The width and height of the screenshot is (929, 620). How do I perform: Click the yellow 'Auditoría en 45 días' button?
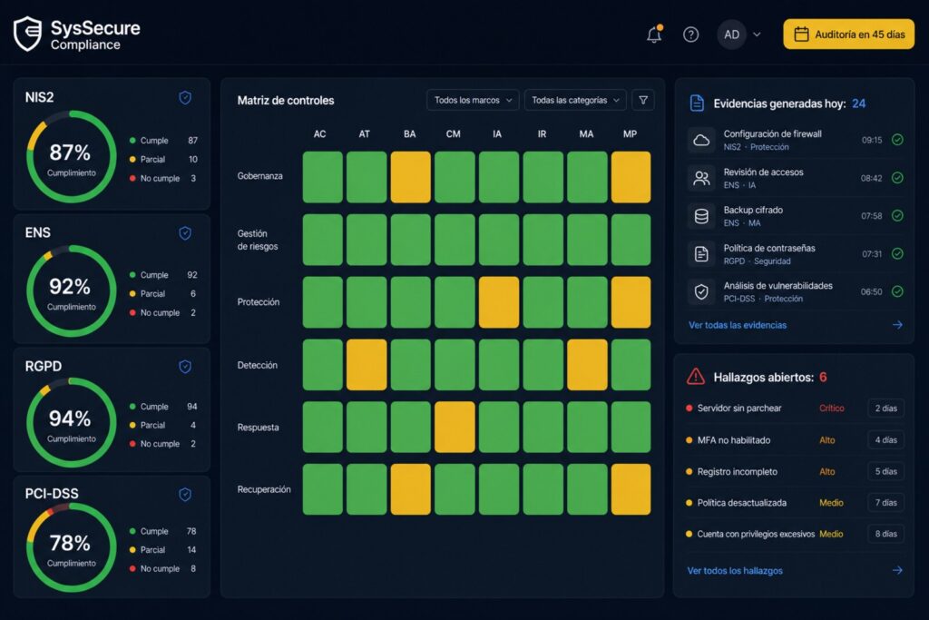coord(848,34)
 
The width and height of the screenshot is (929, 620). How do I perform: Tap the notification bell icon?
coord(654,34)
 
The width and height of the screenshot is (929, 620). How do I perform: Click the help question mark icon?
coord(690,34)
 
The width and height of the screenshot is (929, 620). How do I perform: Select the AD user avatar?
coord(732,34)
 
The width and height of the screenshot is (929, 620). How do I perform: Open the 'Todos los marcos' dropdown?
coord(473,100)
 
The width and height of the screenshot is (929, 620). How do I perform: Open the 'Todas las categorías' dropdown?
coord(574,100)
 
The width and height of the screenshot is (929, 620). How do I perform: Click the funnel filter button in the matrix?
coord(643,100)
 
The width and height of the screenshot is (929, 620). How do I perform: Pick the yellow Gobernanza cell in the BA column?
coord(410,177)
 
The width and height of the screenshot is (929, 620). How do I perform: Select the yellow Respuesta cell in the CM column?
coord(455,427)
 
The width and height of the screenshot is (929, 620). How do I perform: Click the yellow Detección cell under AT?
coord(367,365)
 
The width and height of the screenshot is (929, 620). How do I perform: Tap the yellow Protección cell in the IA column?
coord(499,301)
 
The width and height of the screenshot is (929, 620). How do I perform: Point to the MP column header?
coord(630,134)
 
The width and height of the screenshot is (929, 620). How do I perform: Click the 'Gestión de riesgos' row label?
coord(258,240)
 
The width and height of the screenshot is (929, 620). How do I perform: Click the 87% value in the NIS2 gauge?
coord(70,153)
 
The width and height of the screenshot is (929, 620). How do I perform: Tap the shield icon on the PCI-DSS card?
coord(185,495)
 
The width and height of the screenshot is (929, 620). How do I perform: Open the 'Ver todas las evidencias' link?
coord(738,325)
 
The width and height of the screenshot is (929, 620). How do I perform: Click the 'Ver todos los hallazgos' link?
coord(735,570)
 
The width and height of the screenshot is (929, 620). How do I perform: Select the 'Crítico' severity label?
coord(832,408)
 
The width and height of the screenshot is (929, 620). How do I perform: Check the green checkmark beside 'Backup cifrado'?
coord(897,216)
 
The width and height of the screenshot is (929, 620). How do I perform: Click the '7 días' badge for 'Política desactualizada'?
coord(885,503)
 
